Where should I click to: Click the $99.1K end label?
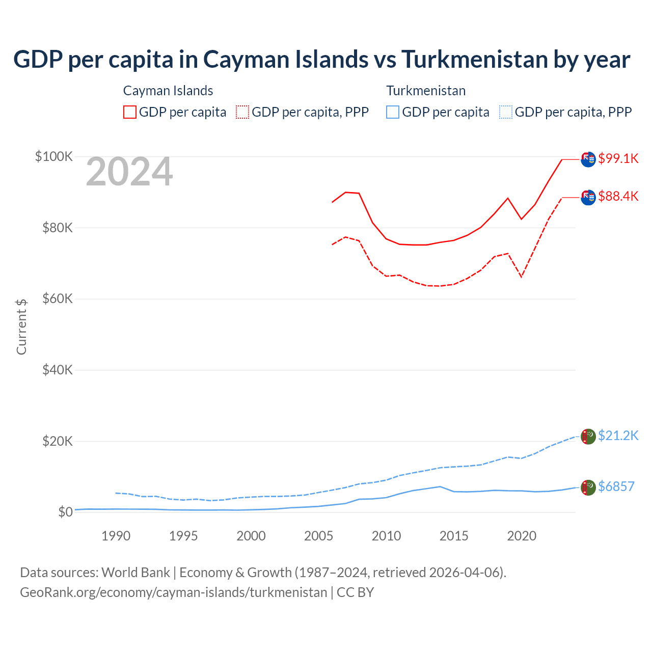coord(618,158)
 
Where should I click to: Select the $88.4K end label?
coord(618,196)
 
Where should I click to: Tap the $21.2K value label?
coord(618,436)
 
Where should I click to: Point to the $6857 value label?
coord(616,486)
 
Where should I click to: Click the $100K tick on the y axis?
coord(54,156)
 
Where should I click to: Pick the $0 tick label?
coord(65,512)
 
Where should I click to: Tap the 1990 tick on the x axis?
coord(116,536)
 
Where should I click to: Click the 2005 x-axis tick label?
coord(318,536)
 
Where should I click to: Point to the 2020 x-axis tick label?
coord(522,536)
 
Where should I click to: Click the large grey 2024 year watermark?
coord(129,172)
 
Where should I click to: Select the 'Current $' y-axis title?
coord(21,327)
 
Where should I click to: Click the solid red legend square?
coord(130,112)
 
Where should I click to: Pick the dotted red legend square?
coord(242,112)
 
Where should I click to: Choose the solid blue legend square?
coord(393,112)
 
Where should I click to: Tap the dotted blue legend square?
coord(506,112)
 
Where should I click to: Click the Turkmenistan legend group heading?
coord(426,91)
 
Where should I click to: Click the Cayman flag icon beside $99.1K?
coord(588,159)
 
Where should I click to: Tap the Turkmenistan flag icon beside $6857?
coord(588,487)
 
